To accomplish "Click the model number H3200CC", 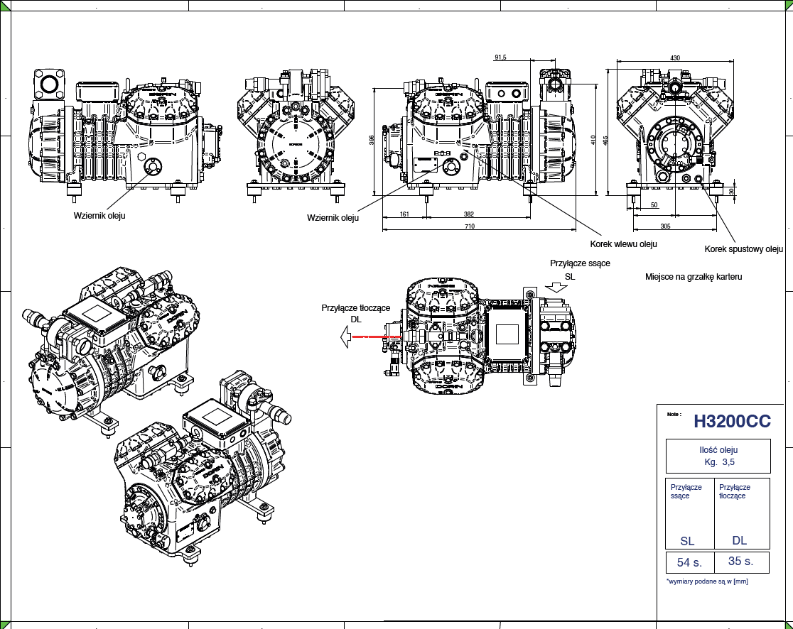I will pyautogui.click(x=732, y=421).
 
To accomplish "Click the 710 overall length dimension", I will pyautogui.click(x=470, y=226).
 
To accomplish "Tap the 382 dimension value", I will pyautogui.click(x=469, y=213).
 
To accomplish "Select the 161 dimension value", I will pyautogui.click(x=404, y=213).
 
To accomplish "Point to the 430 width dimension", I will pyautogui.click(x=675, y=58).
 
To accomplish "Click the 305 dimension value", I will pyautogui.click(x=665, y=226).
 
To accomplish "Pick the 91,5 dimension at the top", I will pyautogui.click(x=500, y=58).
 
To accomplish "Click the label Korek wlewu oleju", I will pyautogui.click(x=623, y=244).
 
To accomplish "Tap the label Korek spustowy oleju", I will pyautogui.click(x=743, y=249).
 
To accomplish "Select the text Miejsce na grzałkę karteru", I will pyautogui.click(x=694, y=276).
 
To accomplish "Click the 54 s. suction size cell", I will pyautogui.click(x=689, y=562).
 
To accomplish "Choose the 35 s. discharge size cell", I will pyautogui.click(x=740, y=561).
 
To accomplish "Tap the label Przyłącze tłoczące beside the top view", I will pyautogui.click(x=356, y=308).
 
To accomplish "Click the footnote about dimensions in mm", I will pyautogui.click(x=707, y=581).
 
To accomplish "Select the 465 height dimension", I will pyautogui.click(x=605, y=140).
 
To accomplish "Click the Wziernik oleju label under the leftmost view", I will pyautogui.click(x=99, y=215).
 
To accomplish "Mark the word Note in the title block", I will pyautogui.click(x=674, y=414).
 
